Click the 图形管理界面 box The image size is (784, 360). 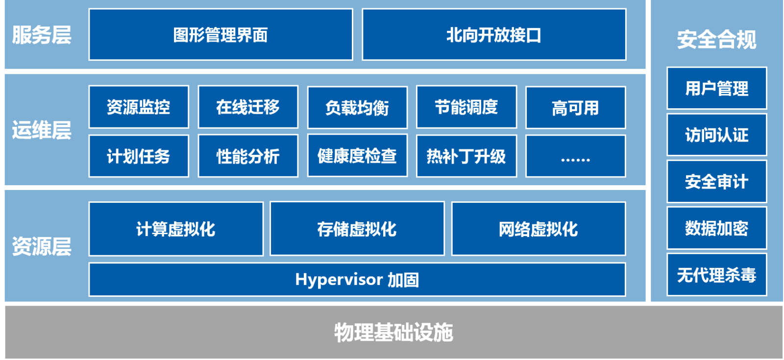click(220, 35)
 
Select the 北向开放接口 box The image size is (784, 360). click(494, 35)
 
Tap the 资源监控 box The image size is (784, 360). click(139, 107)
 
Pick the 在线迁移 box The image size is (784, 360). click(248, 107)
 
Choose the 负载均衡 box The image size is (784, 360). click(357, 107)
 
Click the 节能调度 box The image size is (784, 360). click(466, 107)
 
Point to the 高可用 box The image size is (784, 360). click(575, 107)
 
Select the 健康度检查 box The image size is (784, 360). click(357, 156)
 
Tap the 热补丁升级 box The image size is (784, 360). click(466, 156)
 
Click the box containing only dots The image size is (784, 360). click(575, 156)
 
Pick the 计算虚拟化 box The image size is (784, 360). click(176, 229)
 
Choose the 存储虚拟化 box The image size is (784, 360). click(357, 228)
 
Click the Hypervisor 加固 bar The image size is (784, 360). click(357, 280)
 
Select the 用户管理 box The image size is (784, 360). click(716, 88)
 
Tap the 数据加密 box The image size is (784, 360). click(716, 228)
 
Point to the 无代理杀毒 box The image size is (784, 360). click(716, 275)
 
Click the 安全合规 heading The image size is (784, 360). click(716, 40)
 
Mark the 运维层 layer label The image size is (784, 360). click(42, 130)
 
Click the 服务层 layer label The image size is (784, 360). click(42, 35)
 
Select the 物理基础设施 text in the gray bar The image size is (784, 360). click(393, 333)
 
